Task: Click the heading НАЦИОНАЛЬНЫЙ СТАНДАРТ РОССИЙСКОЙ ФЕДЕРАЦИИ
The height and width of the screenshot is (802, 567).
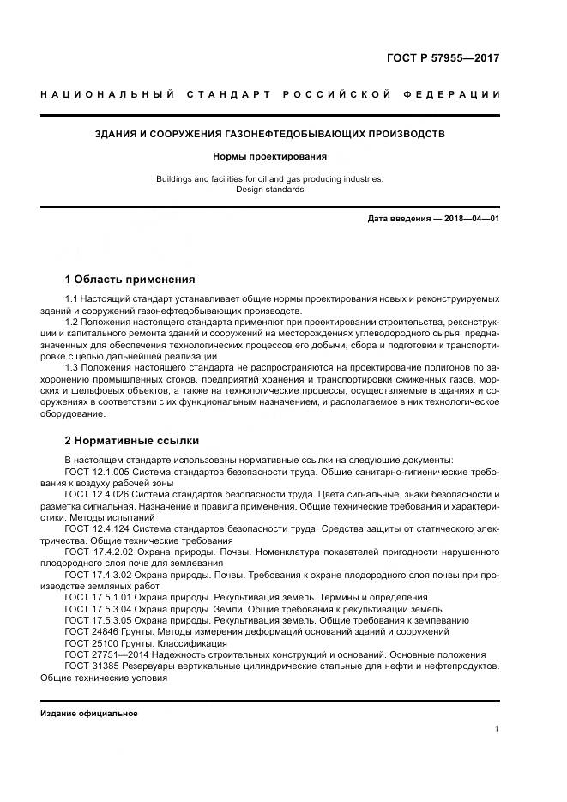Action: coord(269,93)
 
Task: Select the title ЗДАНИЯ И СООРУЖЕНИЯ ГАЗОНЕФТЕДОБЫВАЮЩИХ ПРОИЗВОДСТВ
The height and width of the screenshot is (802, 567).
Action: coord(269,135)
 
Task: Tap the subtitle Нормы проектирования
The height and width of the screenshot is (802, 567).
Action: coord(269,157)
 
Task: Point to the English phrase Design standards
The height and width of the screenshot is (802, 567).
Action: coord(269,190)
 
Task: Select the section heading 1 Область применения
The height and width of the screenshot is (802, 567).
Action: coord(130,280)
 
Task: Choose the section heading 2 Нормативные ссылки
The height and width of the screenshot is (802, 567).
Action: coord(131,441)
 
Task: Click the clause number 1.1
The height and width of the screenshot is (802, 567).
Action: coord(72,298)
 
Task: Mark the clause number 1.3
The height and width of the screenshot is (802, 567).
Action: coord(72,368)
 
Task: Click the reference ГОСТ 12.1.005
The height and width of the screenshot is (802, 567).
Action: coord(96,472)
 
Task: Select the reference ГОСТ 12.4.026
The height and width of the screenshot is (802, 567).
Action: coord(96,496)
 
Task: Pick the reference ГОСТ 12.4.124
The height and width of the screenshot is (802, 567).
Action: coord(96,530)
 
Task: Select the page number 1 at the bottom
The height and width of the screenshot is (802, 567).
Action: coord(496,729)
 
